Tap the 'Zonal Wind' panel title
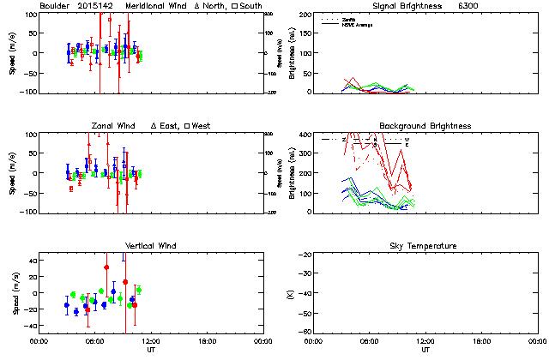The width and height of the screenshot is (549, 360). (x=114, y=126)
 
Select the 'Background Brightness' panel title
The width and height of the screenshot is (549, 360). (x=425, y=126)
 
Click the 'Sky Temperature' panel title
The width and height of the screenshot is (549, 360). (x=425, y=246)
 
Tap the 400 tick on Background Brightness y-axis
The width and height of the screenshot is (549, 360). (x=305, y=135)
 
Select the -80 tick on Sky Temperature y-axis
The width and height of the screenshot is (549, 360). (x=305, y=332)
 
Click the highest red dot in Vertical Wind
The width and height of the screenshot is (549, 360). (x=106, y=267)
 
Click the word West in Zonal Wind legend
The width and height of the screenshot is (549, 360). (x=202, y=126)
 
